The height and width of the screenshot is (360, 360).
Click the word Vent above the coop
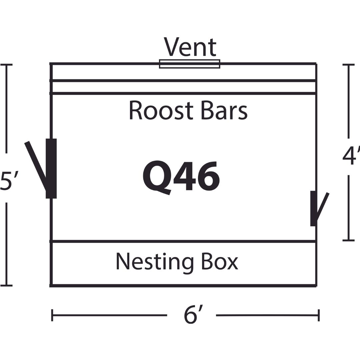(x=190, y=47)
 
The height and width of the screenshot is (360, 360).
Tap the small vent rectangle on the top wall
(x=190, y=64)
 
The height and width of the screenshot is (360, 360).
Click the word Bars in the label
(x=224, y=110)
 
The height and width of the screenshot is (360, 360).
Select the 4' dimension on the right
(x=351, y=156)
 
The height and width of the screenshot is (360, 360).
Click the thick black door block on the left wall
(x=51, y=168)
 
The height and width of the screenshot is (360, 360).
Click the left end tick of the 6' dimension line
(x=52, y=315)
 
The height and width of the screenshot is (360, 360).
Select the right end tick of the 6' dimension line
(x=319, y=315)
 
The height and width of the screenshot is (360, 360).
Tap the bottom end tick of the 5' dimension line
(x=6, y=286)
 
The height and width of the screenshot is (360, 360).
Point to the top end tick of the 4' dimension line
(x=349, y=65)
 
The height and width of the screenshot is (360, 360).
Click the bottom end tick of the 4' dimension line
(x=349, y=240)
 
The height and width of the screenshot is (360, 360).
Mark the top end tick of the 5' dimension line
(x=6, y=65)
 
